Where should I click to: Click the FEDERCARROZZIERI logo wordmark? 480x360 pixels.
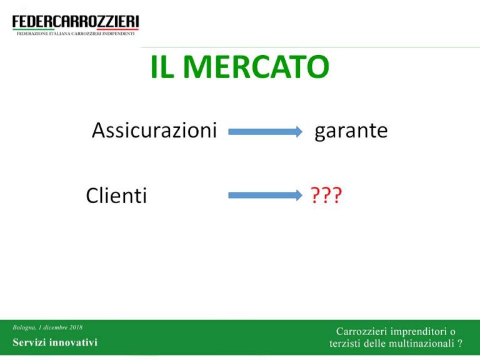coord(76,22)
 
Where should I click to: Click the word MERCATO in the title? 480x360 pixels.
coord(257,67)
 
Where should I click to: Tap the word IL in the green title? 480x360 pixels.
coord(162,67)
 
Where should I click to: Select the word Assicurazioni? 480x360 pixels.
coord(154,130)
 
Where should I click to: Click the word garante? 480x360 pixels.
coord(351,131)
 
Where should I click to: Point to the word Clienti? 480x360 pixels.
coord(116,195)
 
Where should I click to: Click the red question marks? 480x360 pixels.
coord(326,195)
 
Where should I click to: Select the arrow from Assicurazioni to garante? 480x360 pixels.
coord(266,132)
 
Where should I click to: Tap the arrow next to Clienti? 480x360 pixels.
coord(266,195)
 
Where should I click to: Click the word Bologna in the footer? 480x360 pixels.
coord(24,327)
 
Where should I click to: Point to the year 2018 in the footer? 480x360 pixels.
coord(76,327)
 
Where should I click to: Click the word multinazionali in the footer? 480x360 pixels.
coord(424,344)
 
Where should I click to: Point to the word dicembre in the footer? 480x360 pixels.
coord(55,327)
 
